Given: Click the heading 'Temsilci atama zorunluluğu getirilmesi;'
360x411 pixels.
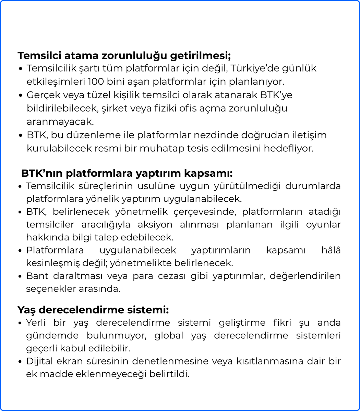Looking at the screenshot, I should point(124,55).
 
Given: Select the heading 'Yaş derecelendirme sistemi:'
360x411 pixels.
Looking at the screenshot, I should point(93,310).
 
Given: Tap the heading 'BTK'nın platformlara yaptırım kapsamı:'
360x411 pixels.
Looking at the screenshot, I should point(127,173).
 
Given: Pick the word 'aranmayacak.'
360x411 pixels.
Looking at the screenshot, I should point(60,121).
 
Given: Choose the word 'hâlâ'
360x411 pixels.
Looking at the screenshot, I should point(331,250).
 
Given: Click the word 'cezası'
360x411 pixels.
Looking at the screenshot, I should point(173,276).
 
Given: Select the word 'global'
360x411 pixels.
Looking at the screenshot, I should point(169,335).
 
